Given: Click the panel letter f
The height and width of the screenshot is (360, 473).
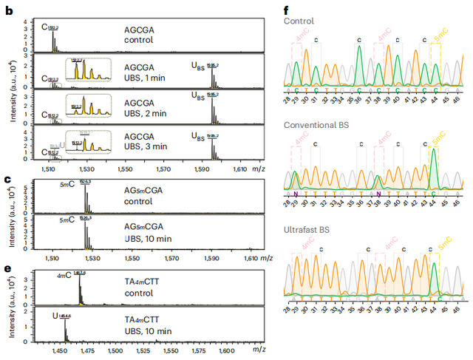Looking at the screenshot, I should coord(287,11).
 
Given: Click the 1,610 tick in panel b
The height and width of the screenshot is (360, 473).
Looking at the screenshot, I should coord(239,169).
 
